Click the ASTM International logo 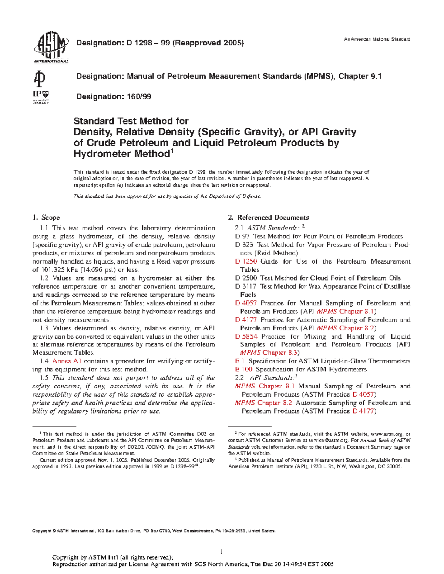pos(51,47)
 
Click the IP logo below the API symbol pos(41,97)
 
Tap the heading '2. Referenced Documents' pos(269,217)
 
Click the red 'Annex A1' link pos(67,361)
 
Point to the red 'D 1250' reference pos(246,261)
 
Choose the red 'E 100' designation pos(243,369)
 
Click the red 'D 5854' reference pos(246,336)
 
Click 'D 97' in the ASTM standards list pos(242,236)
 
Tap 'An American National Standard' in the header pos(377,39)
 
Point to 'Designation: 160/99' pos(114,96)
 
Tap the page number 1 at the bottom pos(222,552)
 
